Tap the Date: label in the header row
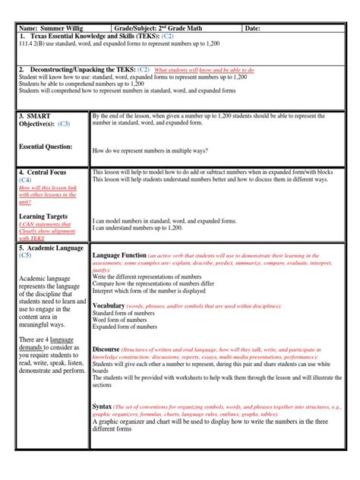(x=254, y=28)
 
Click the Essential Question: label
(x=46, y=147)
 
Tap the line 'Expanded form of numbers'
(x=125, y=327)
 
